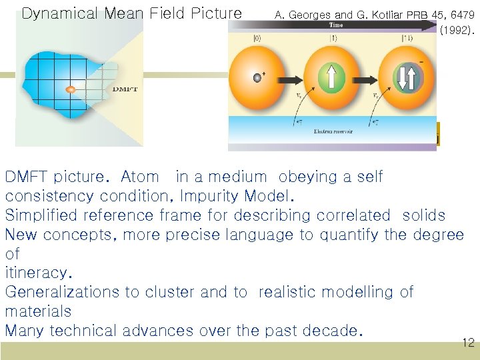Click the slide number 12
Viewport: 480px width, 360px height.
click(x=468, y=343)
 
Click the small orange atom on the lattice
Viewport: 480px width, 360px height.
click(x=70, y=89)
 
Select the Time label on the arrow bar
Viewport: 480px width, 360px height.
click(x=335, y=25)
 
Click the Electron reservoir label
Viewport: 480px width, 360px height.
click(x=334, y=131)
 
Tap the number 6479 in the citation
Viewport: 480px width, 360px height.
click(x=461, y=13)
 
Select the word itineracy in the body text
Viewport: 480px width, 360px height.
click(x=37, y=273)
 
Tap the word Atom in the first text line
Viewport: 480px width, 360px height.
click(x=140, y=177)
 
